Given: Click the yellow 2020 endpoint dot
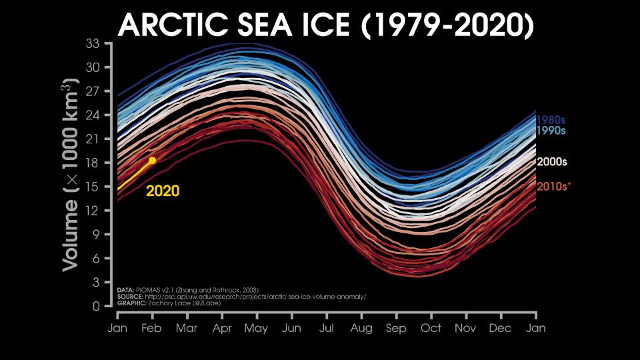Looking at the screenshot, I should pyautogui.click(x=152, y=160).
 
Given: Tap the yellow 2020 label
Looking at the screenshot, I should pyautogui.click(x=163, y=191).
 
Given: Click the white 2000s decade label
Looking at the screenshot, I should pyautogui.click(x=553, y=162).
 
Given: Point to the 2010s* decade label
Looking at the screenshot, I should pyautogui.click(x=554, y=186).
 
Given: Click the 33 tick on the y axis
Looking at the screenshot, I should pyautogui.click(x=93, y=44).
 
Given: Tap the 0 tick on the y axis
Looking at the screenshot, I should pyautogui.click(x=96, y=307).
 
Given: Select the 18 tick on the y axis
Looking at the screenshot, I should pyautogui.click(x=93, y=163).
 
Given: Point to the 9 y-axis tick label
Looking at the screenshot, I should pyautogui.click(x=96, y=235).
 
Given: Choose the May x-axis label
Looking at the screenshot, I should pyautogui.click(x=256, y=329).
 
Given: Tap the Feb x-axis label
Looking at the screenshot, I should pyautogui.click(x=151, y=329).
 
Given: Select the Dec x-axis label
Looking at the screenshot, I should pyautogui.click(x=500, y=329).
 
